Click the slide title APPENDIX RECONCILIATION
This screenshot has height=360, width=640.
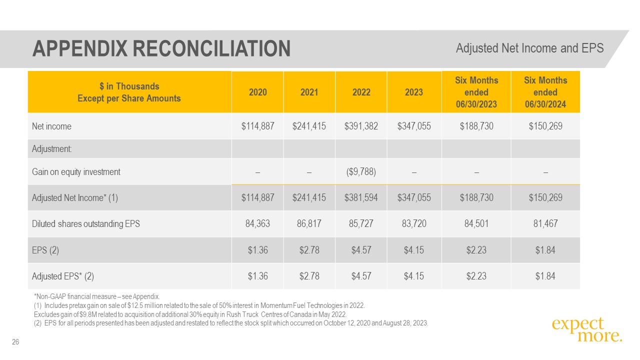tap(161, 48)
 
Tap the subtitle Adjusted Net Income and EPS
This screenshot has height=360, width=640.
tap(529, 48)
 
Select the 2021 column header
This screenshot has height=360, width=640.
tap(309, 92)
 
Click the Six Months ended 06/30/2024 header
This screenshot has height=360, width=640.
tap(545, 92)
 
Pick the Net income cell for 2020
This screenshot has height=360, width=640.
tap(257, 126)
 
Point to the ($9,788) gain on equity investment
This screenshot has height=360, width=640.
tap(361, 172)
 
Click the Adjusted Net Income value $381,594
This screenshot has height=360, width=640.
tap(361, 197)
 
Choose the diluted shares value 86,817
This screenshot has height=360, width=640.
tap(309, 224)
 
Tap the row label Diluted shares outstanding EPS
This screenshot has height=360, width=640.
tap(86, 224)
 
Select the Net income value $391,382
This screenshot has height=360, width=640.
tap(361, 126)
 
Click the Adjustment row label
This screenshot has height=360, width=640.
tap(51, 149)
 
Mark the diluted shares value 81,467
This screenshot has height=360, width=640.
tap(545, 224)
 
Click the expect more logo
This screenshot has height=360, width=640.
tap(587, 330)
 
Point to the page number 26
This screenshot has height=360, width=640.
tap(15, 342)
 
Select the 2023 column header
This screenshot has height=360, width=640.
tap(414, 92)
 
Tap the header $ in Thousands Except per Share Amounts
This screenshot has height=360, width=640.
tap(129, 92)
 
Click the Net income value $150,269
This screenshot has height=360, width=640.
tap(545, 126)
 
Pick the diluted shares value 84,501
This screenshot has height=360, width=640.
tap(476, 224)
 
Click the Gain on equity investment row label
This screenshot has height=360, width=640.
tap(76, 172)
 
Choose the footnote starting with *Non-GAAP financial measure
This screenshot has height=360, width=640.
tap(96, 296)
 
